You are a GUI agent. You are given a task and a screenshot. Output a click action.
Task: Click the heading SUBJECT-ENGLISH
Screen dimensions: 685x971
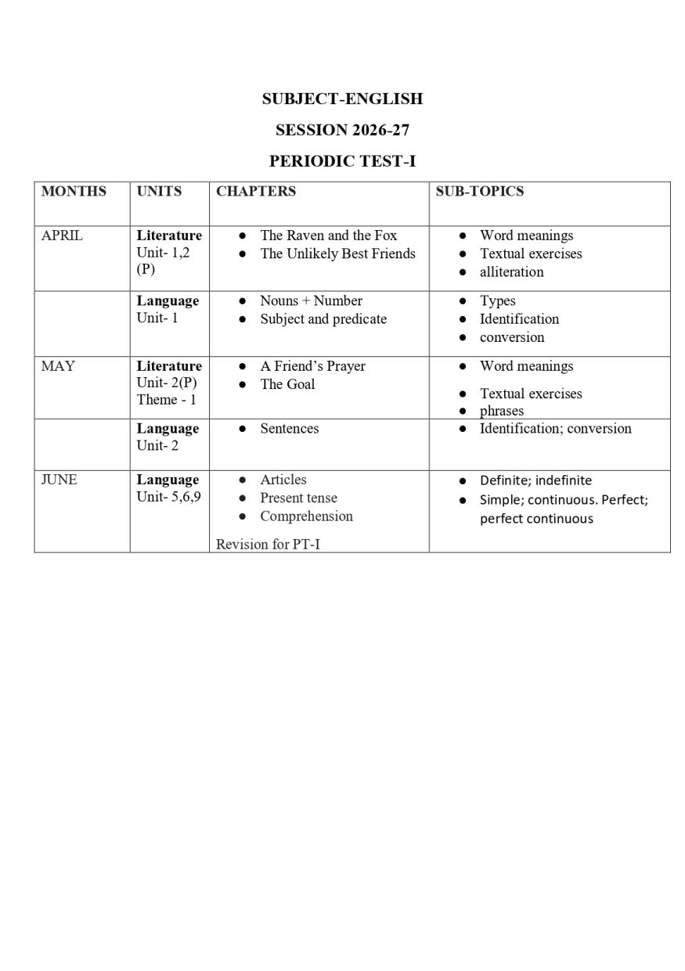[342, 99]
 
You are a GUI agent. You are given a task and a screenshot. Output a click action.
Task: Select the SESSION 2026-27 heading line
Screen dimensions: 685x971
[342, 130]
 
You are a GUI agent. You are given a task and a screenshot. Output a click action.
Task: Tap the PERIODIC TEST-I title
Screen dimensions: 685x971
[342, 161]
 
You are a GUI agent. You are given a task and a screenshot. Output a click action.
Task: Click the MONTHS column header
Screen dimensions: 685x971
[74, 191]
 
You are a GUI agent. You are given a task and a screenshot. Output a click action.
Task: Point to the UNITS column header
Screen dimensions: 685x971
[159, 191]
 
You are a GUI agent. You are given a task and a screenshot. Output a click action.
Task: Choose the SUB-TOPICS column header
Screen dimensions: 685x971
[479, 191]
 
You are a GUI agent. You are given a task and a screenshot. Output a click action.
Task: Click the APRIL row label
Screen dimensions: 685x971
[62, 236]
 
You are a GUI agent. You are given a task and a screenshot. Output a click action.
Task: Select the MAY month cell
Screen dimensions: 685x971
[58, 366]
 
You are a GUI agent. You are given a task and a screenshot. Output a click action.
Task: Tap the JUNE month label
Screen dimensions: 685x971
[59, 480]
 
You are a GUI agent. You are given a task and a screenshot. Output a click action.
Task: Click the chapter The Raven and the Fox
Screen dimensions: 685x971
[328, 236]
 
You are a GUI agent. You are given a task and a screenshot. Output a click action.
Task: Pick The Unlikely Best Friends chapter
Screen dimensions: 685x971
[337, 254]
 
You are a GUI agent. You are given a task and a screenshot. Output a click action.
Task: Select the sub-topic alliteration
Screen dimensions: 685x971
[511, 272]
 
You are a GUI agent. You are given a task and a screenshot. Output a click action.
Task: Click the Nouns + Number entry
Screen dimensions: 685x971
[311, 300]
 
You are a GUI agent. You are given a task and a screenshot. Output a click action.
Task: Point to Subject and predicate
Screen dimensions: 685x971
[323, 319]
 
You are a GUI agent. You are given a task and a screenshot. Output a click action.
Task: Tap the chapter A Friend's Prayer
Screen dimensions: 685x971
[312, 366]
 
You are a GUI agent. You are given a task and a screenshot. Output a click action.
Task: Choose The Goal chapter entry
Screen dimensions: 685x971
[287, 384]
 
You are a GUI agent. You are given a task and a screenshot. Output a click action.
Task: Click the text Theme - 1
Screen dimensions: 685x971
[166, 400]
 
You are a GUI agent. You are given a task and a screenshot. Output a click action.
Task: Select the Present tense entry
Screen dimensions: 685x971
[298, 498]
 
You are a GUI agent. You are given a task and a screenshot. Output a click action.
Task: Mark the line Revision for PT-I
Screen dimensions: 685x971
[268, 544]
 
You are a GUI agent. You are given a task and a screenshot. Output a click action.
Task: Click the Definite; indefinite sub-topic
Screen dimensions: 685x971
[535, 480]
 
